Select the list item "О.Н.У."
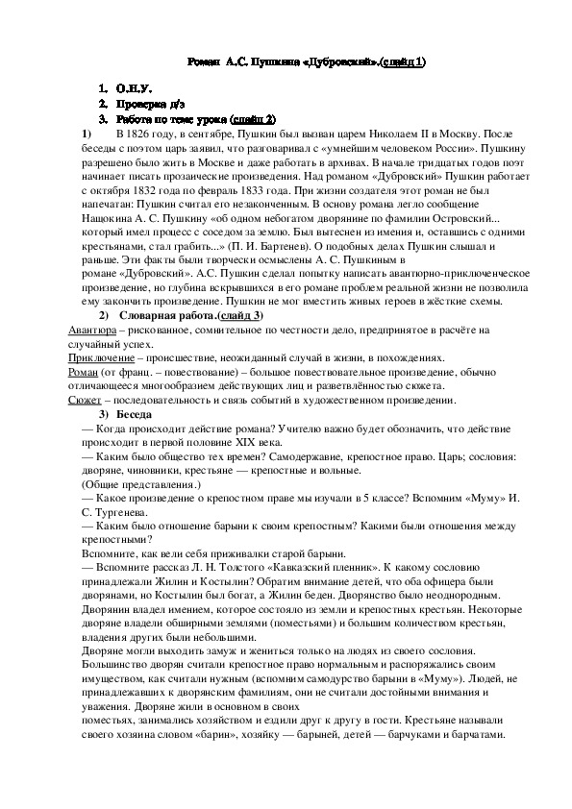tap(133, 88)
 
